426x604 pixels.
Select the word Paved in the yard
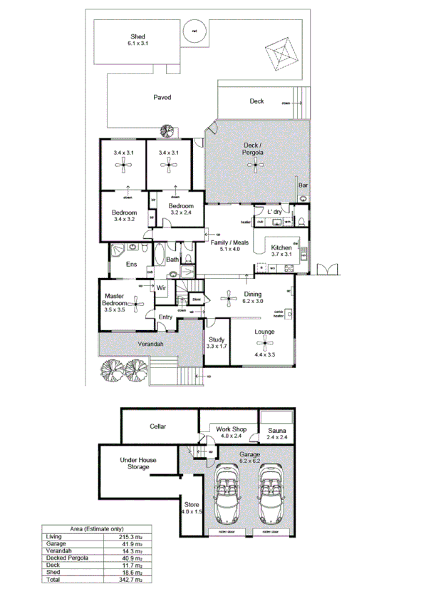pos(162,97)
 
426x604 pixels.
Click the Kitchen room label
pos(281,249)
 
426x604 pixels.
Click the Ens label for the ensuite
pos(131,265)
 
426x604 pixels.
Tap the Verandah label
pos(151,344)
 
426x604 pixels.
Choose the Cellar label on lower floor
pos(158,426)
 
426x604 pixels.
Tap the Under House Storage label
pos(138,464)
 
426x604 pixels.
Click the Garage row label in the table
pos(56,543)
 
